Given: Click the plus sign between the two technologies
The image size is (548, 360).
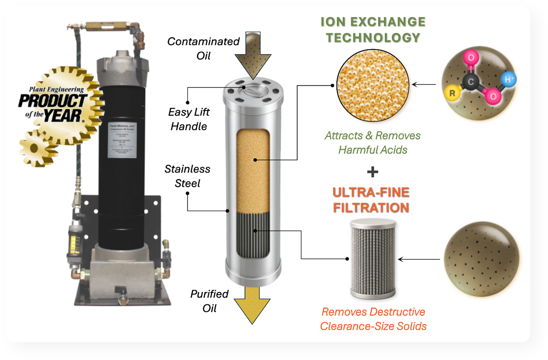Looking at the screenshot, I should tap(373, 171).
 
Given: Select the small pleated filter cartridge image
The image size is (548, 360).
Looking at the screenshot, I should tap(372, 257).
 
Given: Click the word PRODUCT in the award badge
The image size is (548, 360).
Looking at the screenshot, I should tap(52, 101).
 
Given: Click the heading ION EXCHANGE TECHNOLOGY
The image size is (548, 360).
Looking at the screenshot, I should tap(373, 30).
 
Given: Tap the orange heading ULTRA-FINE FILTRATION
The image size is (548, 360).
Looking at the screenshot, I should tap(371, 200).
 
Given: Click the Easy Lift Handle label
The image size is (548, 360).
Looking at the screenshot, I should tap(189, 119).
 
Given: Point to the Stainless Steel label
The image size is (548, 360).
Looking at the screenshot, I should tap(187, 176).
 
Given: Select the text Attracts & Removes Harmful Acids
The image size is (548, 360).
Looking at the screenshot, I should tap(373, 143).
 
